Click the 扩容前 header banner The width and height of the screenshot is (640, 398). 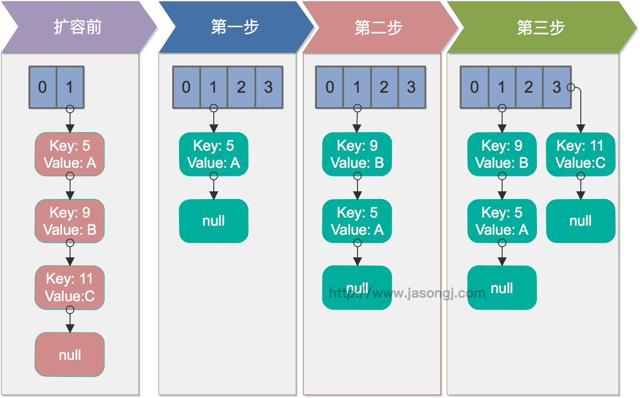(78, 27)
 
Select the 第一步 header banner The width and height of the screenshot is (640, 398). (235, 27)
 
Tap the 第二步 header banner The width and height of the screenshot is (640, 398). (379, 28)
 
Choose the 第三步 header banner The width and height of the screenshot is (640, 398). (541, 28)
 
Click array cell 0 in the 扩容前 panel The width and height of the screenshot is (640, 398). (42, 87)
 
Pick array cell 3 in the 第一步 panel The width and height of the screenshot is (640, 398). (268, 87)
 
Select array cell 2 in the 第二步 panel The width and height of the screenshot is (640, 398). (384, 87)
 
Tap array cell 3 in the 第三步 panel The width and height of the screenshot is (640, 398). (556, 87)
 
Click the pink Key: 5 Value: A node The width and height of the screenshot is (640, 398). (70, 154)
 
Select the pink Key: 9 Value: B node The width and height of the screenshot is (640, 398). (70, 221)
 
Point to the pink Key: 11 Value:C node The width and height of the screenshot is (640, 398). (70, 288)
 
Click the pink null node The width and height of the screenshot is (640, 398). (70, 355)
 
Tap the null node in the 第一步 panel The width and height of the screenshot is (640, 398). (213, 221)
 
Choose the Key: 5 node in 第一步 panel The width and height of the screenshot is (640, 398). (213, 154)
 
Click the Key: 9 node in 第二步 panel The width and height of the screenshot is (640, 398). (357, 154)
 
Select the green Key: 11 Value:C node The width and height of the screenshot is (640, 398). (580, 154)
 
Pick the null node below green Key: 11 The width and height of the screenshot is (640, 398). (580, 221)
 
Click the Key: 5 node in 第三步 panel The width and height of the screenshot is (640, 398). (502, 221)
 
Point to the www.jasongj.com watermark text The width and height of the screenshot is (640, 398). (407, 294)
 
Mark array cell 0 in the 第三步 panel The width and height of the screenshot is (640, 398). (474, 87)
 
